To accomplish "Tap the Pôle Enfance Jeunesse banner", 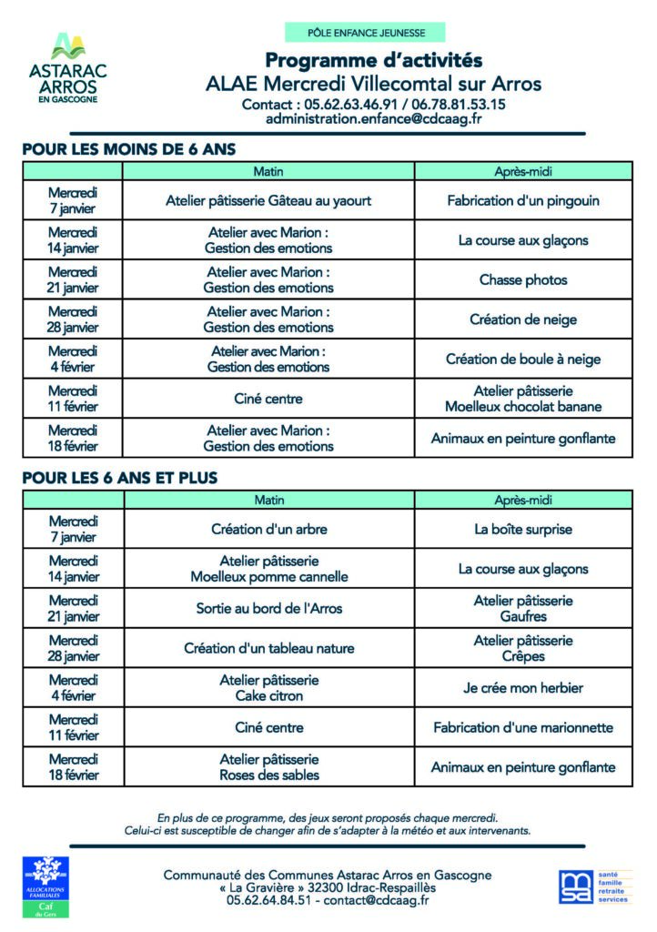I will coord(366,33).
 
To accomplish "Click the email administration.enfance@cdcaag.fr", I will coord(373,119).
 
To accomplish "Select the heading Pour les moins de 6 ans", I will coord(129,149).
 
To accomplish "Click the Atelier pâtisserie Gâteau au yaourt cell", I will coord(268,200).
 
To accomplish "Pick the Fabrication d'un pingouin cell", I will coord(523,200).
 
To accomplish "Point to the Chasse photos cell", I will coord(523,279).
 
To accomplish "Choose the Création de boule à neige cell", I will coord(523,359).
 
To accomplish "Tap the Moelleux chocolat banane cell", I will coord(523,399).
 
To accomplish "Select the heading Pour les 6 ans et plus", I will coord(120,477).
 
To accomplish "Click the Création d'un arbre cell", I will coord(268,529).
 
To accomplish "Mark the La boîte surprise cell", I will coord(523,529).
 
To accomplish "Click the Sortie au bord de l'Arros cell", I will coord(268,608).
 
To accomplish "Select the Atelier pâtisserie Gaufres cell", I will coord(523,608).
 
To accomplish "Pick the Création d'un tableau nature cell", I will coord(268,648).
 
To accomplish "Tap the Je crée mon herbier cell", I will coord(523,688).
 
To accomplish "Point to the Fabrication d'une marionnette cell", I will coord(523,727).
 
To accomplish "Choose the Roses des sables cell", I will coord(268,766).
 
